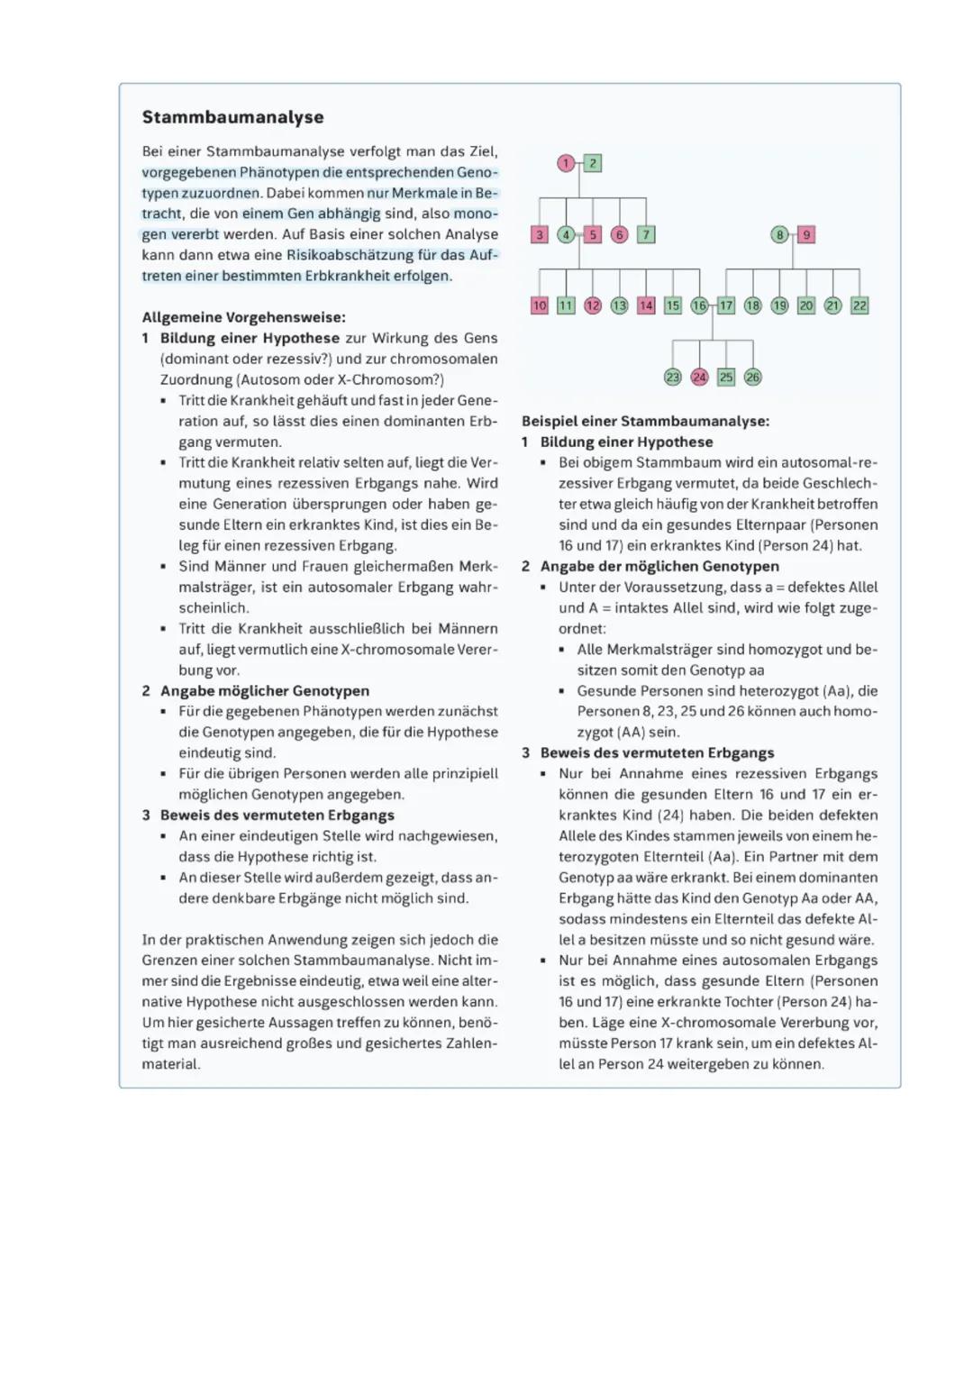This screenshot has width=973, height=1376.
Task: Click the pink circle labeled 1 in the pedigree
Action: (x=566, y=163)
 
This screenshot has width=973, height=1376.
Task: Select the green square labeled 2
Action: (x=593, y=163)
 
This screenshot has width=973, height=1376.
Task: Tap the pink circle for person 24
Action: (x=699, y=378)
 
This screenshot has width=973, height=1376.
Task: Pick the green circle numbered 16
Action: (x=699, y=305)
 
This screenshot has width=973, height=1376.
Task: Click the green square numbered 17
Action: (x=726, y=305)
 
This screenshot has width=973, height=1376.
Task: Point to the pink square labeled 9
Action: (x=806, y=234)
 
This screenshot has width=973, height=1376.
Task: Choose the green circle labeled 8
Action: (x=780, y=234)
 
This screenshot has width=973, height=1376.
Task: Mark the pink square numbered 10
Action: (x=540, y=305)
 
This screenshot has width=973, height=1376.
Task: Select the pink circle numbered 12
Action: (x=593, y=305)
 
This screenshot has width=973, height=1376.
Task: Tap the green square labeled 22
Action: (x=859, y=305)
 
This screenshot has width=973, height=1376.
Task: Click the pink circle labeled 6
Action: (x=619, y=234)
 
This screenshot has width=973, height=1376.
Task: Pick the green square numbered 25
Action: (x=726, y=378)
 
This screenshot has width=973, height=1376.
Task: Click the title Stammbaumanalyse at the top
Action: (x=232, y=117)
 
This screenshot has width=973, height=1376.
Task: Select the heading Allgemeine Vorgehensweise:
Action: (x=243, y=317)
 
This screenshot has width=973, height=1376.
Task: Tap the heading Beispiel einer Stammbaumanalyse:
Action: (x=645, y=421)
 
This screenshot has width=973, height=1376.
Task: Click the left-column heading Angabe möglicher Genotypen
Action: (x=265, y=690)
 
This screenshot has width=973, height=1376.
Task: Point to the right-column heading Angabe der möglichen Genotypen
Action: (x=659, y=566)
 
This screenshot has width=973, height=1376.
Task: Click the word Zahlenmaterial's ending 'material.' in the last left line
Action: (x=171, y=1064)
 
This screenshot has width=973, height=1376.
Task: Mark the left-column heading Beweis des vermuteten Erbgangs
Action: (x=277, y=815)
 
